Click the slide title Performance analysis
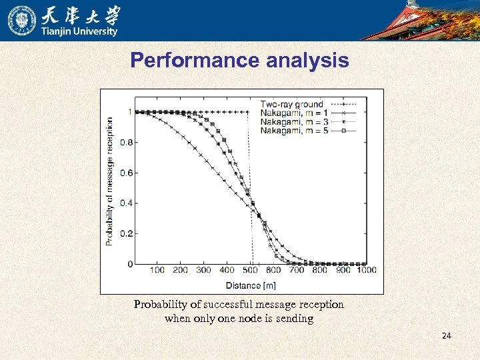coord(239,61)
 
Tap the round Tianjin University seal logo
coord(21,20)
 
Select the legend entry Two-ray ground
coord(291,104)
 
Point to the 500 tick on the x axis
coord(250,270)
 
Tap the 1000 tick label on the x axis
coord(365,270)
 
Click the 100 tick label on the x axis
coord(157,270)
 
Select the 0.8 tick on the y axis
coord(125,143)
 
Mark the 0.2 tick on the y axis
coord(125,234)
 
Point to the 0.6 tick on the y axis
coord(125,173)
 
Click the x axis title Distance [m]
coord(250,285)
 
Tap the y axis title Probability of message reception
coord(110,181)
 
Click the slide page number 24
coord(446,335)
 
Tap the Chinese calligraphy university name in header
coord(84,15)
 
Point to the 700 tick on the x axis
coord(297,270)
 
